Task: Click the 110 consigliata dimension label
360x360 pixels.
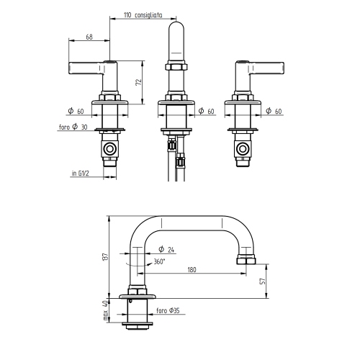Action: [x=143, y=15]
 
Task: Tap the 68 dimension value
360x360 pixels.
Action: [x=89, y=37]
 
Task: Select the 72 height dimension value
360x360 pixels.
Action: [x=139, y=82]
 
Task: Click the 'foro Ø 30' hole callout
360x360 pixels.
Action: [x=73, y=127]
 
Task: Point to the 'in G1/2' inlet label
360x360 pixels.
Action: [x=81, y=173]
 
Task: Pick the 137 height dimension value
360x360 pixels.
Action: [x=106, y=256]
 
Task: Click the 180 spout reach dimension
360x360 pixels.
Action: [x=192, y=270]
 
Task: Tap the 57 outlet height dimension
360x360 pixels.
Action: [x=264, y=281]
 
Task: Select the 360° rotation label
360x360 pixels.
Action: [x=160, y=261]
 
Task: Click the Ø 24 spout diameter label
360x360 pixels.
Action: [x=166, y=250]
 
